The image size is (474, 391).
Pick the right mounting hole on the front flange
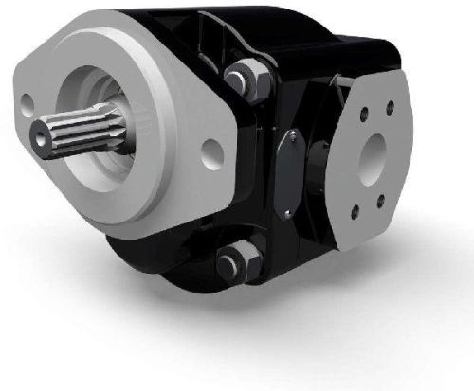211,151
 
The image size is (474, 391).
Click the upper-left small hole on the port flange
363,114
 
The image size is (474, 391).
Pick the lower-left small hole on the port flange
355,209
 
